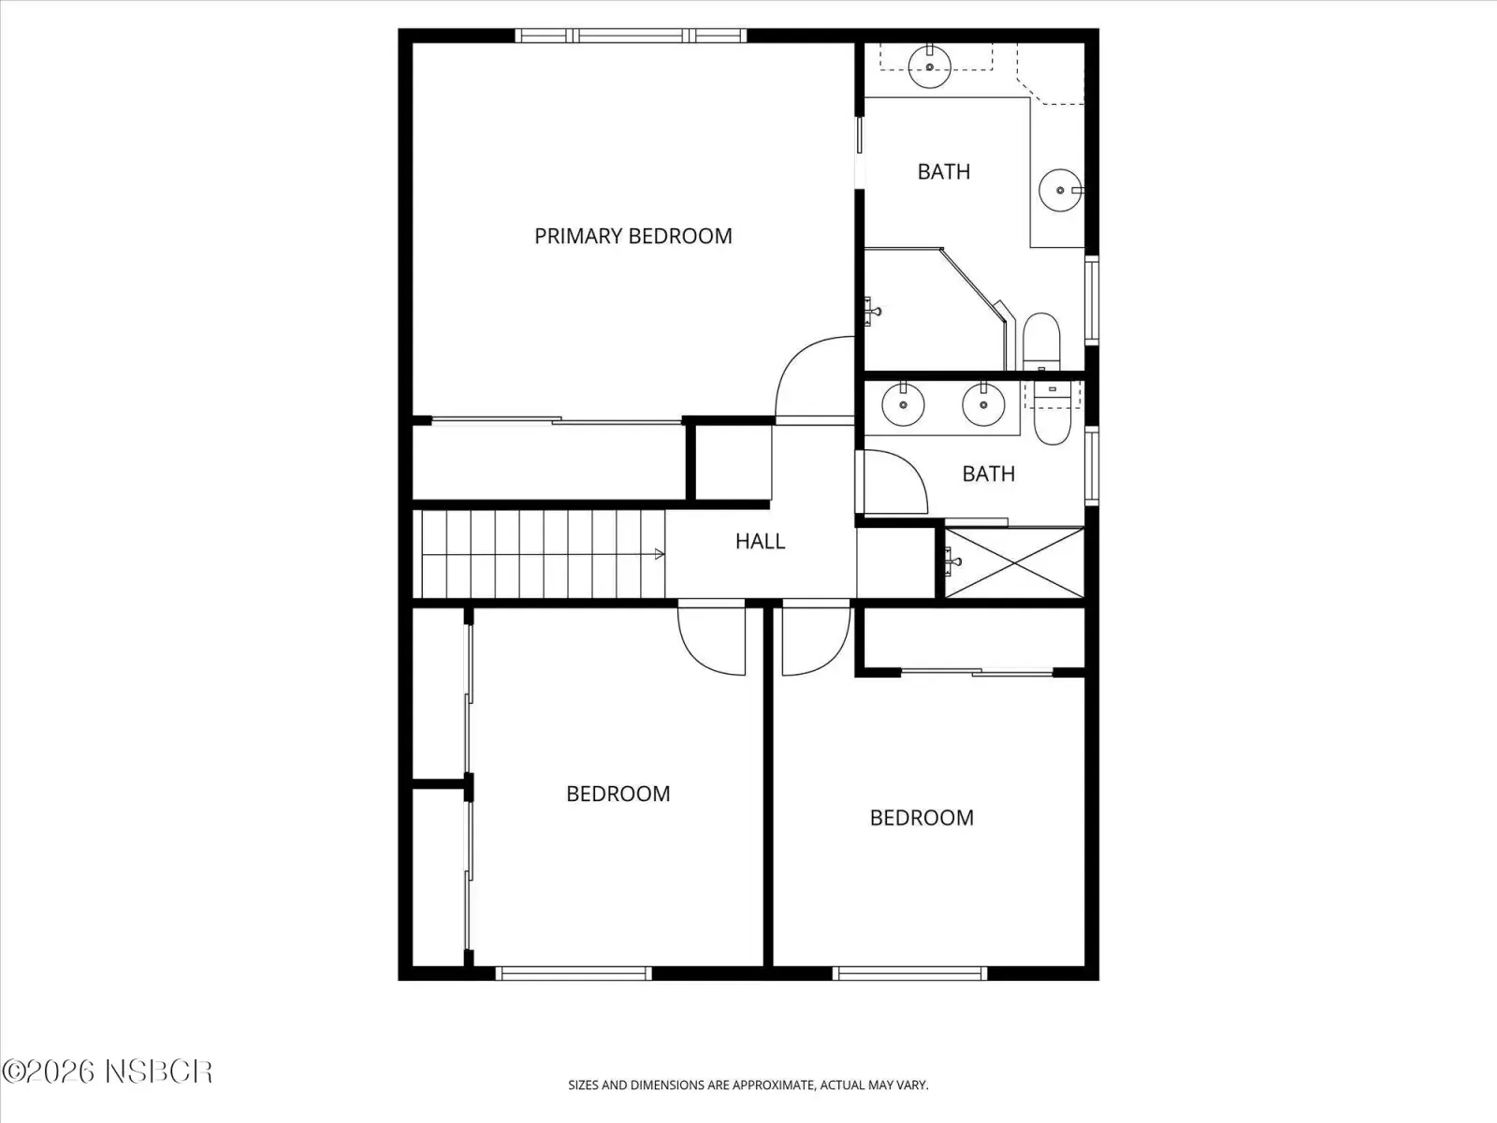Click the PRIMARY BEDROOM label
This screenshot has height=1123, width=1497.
click(632, 236)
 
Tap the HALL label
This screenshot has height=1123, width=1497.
click(760, 542)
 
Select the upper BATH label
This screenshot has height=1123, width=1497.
click(944, 172)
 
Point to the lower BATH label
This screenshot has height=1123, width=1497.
click(988, 474)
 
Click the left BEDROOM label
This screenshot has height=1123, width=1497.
click(618, 794)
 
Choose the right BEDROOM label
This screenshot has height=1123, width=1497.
click(922, 818)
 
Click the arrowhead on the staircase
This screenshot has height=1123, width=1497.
click(660, 554)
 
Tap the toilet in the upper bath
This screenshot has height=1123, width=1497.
click(1041, 341)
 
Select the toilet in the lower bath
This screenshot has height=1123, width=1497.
click(1053, 414)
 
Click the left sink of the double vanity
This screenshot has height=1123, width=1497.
click(903, 403)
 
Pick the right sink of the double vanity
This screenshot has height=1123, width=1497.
click(983, 403)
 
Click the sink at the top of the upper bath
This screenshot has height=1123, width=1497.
click(930, 66)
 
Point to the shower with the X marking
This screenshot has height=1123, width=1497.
click(1014, 562)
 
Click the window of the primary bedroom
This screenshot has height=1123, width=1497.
click(631, 36)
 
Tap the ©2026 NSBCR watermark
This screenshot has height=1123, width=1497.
click(108, 1072)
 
